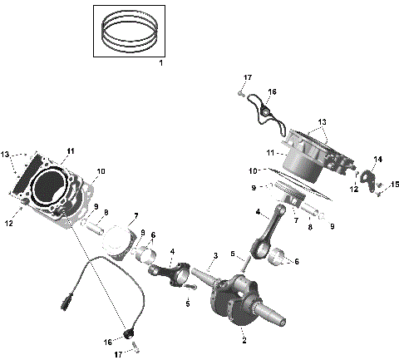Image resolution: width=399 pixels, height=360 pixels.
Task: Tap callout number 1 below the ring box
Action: click(160, 64)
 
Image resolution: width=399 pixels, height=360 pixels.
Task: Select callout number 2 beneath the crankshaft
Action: click(243, 340)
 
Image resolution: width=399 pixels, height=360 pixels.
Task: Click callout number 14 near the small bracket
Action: click(377, 159)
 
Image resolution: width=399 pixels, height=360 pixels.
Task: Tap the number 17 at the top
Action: click(247, 77)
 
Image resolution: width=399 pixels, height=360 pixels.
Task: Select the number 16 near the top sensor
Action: click(272, 91)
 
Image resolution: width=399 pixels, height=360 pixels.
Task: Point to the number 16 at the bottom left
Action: click(106, 341)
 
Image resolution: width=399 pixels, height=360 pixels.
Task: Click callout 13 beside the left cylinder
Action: click(6, 155)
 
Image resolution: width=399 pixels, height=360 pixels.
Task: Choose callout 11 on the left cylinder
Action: click(71, 150)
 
